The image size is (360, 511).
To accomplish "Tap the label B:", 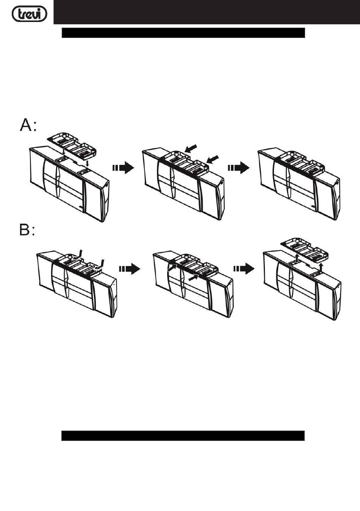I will point(27,230).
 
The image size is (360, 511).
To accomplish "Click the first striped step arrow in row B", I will point(130,269).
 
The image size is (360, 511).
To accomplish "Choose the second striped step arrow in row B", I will point(244,269).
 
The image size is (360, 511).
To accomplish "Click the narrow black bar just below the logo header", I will point(183,33).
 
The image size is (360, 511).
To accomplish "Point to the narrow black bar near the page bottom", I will point(183,436).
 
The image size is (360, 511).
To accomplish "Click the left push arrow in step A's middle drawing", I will point(192,147).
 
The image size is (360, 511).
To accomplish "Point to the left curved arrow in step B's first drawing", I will point(80,254).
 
